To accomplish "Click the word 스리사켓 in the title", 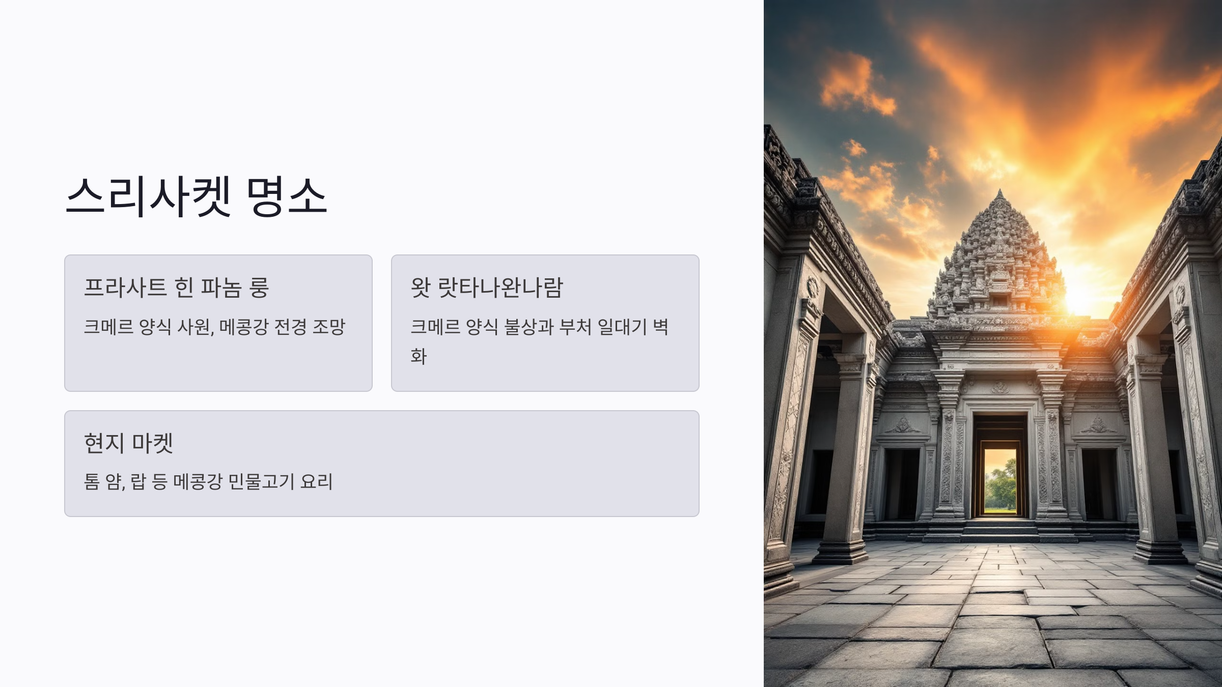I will [x=149, y=196].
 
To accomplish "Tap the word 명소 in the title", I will [x=286, y=196].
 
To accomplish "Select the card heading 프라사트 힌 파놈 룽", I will [x=176, y=288].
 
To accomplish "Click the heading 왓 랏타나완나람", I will [x=487, y=288].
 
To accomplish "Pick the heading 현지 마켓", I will [x=128, y=443].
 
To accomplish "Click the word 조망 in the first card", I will [x=329, y=327].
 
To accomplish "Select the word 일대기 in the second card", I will [x=622, y=327].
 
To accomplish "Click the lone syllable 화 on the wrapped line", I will [x=419, y=356].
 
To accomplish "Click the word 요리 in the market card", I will [x=317, y=481].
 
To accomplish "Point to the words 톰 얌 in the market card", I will [x=104, y=481].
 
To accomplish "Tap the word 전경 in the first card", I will [x=291, y=327].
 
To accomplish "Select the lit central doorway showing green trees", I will [x=1000, y=481].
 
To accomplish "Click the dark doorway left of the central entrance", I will [x=902, y=483].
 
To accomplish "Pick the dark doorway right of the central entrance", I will [x=1099, y=483].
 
